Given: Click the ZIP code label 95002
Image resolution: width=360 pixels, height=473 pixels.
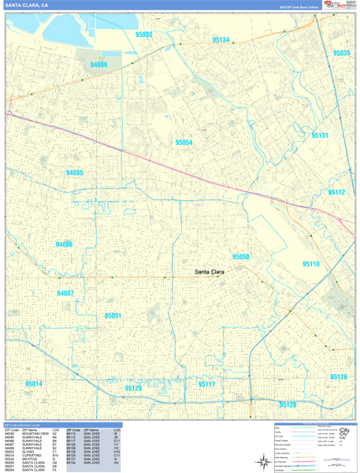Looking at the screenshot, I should tap(143, 35).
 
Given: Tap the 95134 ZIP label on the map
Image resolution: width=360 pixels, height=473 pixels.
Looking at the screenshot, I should tap(221, 39).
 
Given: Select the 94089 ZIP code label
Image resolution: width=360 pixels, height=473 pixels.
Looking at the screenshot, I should tap(98, 65).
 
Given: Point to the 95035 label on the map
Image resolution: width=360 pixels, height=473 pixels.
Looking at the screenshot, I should tap(341, 53).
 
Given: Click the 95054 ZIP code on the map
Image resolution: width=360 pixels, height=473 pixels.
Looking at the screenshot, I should tap(184, 143).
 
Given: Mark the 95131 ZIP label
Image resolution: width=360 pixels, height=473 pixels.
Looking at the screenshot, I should tap(319, 136).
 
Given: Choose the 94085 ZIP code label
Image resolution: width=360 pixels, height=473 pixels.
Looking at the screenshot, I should tap(75, 173).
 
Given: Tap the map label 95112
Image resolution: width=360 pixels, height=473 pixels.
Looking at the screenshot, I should tap(336, 192).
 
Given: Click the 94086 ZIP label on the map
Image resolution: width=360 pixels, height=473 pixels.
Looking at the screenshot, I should tap(64, 244).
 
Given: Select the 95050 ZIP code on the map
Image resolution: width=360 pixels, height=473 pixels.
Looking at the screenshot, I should tap(240, 257).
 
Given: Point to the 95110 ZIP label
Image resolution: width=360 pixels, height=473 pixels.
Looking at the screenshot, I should tap(310, 264).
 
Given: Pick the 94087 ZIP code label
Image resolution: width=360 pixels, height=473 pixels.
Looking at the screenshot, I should tap(65, 293).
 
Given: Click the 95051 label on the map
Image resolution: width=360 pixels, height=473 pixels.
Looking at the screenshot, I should tap(113, 315).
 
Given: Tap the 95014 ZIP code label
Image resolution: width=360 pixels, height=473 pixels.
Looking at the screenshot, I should tap(33, 384).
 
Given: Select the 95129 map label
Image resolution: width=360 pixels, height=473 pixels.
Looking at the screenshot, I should tap(133, 389).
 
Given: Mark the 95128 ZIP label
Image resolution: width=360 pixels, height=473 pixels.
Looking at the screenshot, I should tap(288, 404).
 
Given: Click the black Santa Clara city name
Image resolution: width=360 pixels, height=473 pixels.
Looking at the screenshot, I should tap(210, 273).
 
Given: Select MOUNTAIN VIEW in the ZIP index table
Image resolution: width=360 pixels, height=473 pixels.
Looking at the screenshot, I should tap(34, 434).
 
